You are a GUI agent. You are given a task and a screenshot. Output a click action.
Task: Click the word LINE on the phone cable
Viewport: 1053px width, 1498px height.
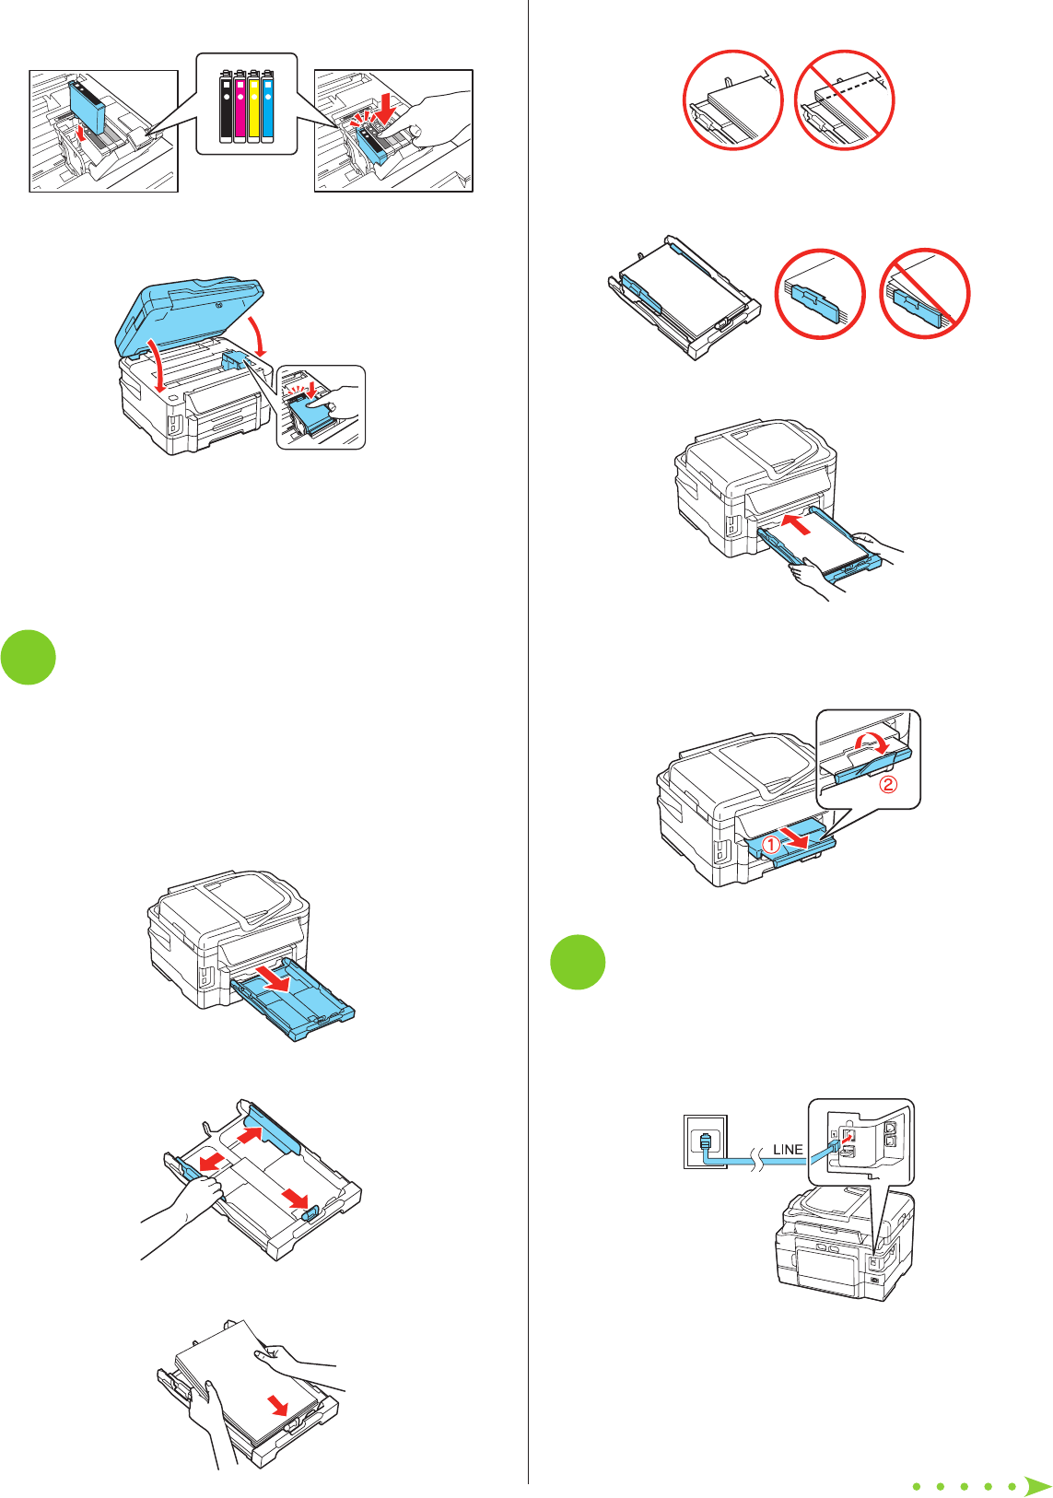[x=788, y=1150]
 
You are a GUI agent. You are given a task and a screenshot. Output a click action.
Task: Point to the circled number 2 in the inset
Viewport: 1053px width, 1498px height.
[x=887, y=785]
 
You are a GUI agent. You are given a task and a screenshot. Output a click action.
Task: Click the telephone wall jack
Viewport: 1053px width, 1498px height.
[x=705, y=1141]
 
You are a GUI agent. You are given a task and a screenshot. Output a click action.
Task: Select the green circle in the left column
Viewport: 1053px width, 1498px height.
[x=28, y=657]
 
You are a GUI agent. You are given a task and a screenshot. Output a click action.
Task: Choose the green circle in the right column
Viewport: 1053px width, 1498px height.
[x=578, y=962]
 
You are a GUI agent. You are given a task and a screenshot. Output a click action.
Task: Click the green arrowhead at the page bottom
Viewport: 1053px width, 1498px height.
[x=1037, y=1485]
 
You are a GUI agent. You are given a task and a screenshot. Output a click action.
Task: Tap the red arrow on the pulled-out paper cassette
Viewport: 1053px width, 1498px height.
[x=275, y=978]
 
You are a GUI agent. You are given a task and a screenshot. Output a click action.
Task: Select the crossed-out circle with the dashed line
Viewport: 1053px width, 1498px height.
[x=845, y=100]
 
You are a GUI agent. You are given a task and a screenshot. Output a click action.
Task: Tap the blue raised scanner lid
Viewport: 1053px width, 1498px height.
[x=193, y=309]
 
